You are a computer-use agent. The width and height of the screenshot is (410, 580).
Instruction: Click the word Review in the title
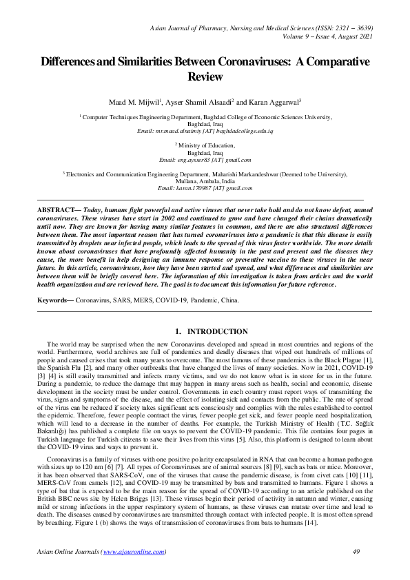(x=205, y=76)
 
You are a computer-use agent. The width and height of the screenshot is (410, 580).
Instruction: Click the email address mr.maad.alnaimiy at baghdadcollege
(x=206, y=131)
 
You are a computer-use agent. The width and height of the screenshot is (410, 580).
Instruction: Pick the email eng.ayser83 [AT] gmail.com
(x=205, y=159)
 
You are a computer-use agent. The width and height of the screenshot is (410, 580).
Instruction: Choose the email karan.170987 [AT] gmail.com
(x=205, y=188)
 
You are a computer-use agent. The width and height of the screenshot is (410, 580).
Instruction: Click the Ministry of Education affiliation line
(x=206, y=145)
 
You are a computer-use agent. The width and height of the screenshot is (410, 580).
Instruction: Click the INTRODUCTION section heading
(x=217, y=331)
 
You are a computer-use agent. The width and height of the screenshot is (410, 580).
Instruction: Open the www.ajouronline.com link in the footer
(x=134, y=552)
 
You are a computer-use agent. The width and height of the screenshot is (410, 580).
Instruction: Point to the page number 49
(x=356, y=552)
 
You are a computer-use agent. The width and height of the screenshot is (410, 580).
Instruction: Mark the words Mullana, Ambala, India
(x=205, y=181)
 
